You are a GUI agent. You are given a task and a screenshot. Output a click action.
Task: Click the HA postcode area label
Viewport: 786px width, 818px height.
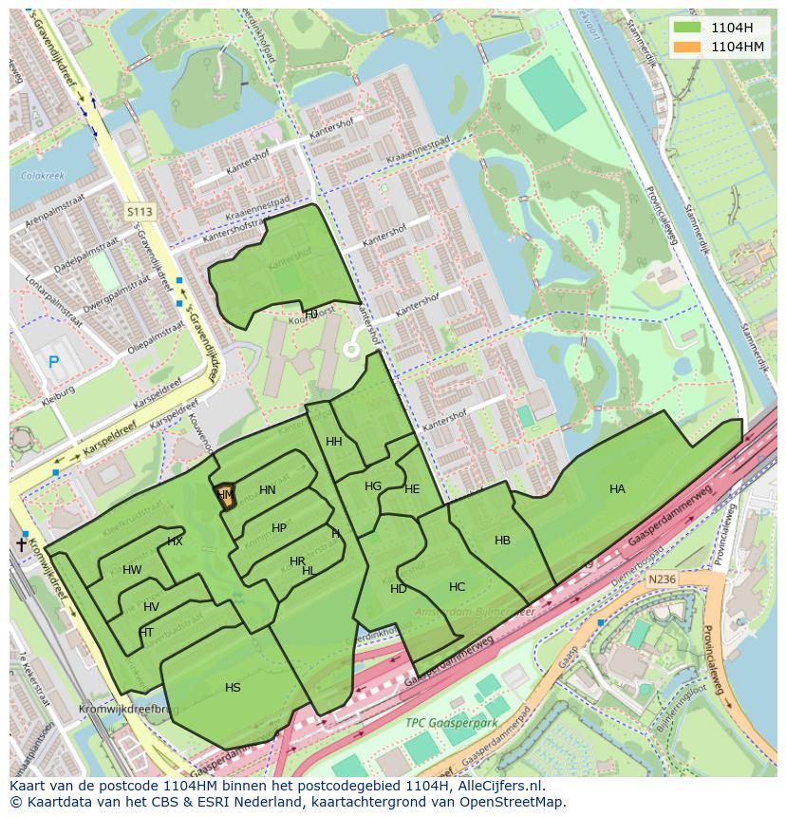point(617,489)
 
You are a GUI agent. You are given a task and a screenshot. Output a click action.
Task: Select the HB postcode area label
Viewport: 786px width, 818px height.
point(502,541)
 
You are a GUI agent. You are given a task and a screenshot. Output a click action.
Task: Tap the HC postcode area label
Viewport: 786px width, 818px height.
point(457,587)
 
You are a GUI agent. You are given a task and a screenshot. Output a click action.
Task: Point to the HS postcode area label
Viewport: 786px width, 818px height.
point(233,688)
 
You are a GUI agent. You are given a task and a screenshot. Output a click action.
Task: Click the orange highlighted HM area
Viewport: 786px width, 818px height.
point(225,496)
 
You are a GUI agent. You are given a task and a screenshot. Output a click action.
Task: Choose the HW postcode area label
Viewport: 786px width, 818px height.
point(132,570)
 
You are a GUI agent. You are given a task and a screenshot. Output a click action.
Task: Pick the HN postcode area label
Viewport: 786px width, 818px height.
point(267,490)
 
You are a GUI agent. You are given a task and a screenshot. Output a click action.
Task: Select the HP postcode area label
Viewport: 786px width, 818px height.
point(278,528)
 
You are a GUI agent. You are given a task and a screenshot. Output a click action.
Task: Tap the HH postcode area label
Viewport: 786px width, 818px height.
point(333,442)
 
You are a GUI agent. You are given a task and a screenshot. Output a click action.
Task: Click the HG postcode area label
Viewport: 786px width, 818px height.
point(373,486)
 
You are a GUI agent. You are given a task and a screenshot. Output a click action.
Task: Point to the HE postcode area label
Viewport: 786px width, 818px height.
point(411,489)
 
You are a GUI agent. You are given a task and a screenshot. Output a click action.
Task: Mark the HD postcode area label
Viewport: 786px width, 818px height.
point(398,589)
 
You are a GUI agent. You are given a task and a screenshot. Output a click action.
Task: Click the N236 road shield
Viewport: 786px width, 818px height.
point(661,579)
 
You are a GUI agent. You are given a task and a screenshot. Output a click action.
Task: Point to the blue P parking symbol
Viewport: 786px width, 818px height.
point(53,361)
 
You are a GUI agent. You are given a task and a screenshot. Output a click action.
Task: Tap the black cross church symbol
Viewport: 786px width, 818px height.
point(21,545)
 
